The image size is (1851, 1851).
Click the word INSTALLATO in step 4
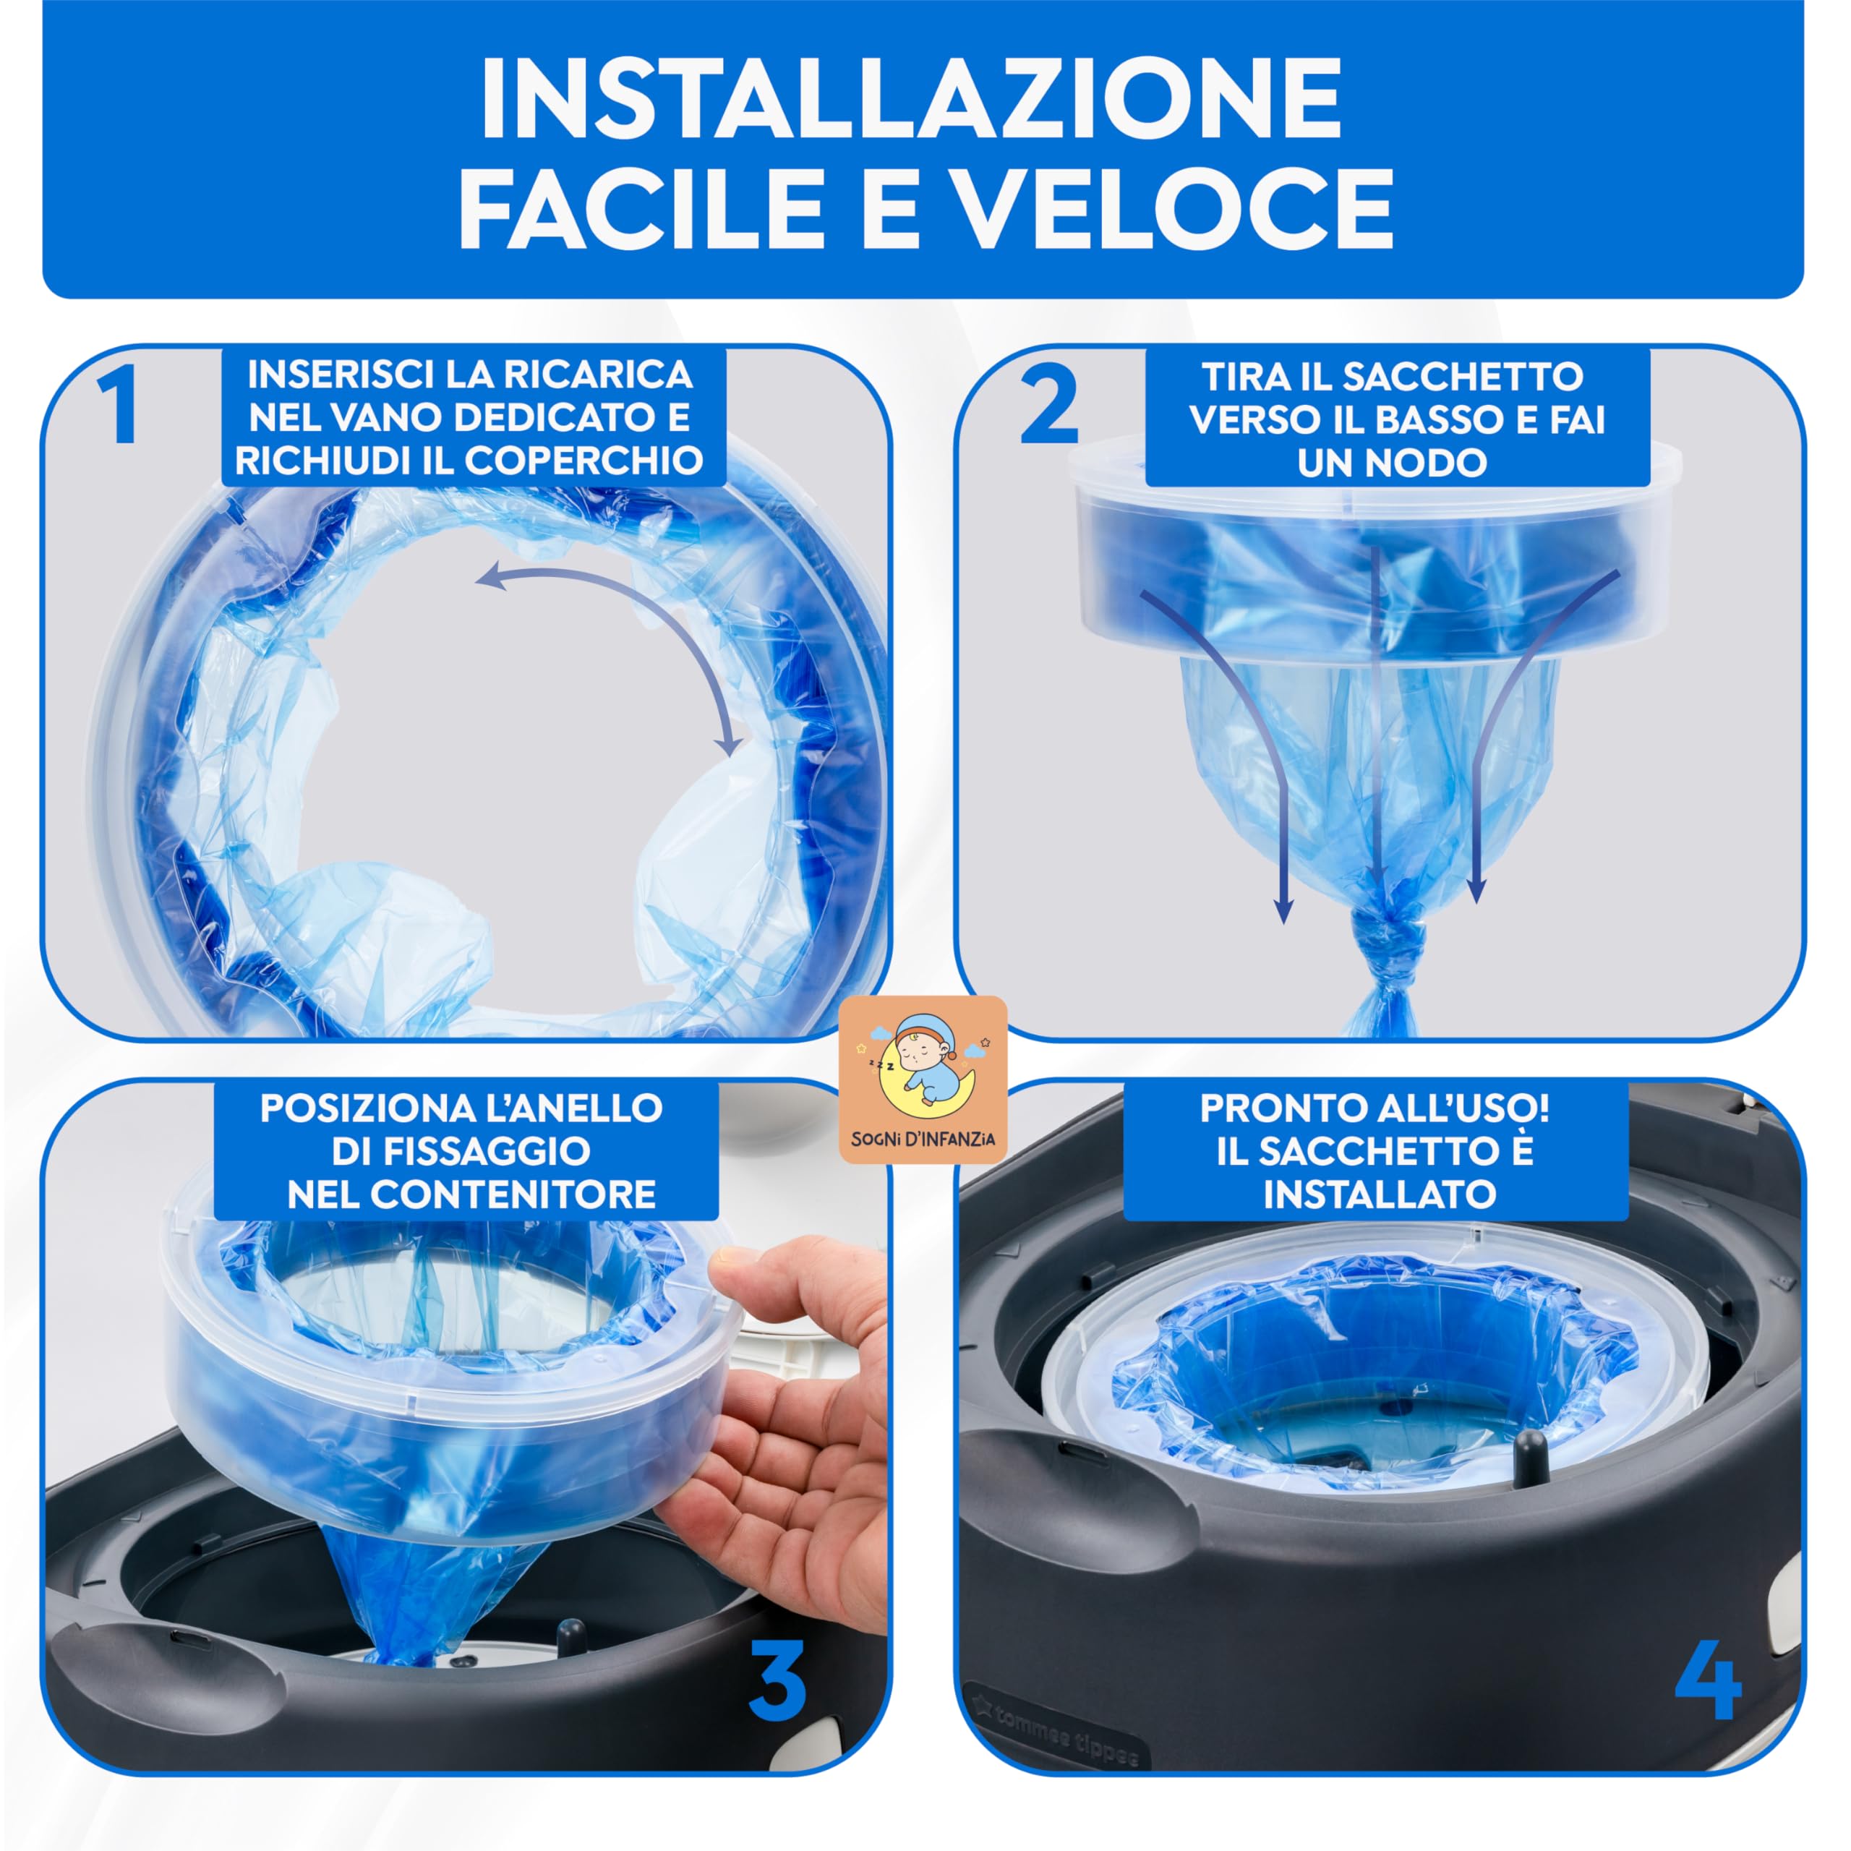(x=1380, y=1194)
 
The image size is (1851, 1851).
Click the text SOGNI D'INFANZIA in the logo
(x=923, y=1139)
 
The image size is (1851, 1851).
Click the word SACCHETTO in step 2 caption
(x=1462, y=377)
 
